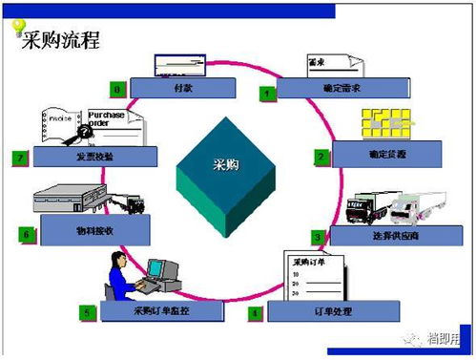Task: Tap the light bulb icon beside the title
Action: point(17,26)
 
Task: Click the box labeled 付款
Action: point(181,88)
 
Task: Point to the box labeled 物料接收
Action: point(94,230)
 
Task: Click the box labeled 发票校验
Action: point(90,156)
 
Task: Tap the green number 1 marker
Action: point(269,93)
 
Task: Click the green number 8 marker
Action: point(116,89)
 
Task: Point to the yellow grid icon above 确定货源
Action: point(386,124)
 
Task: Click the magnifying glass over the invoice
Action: point(71,132)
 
